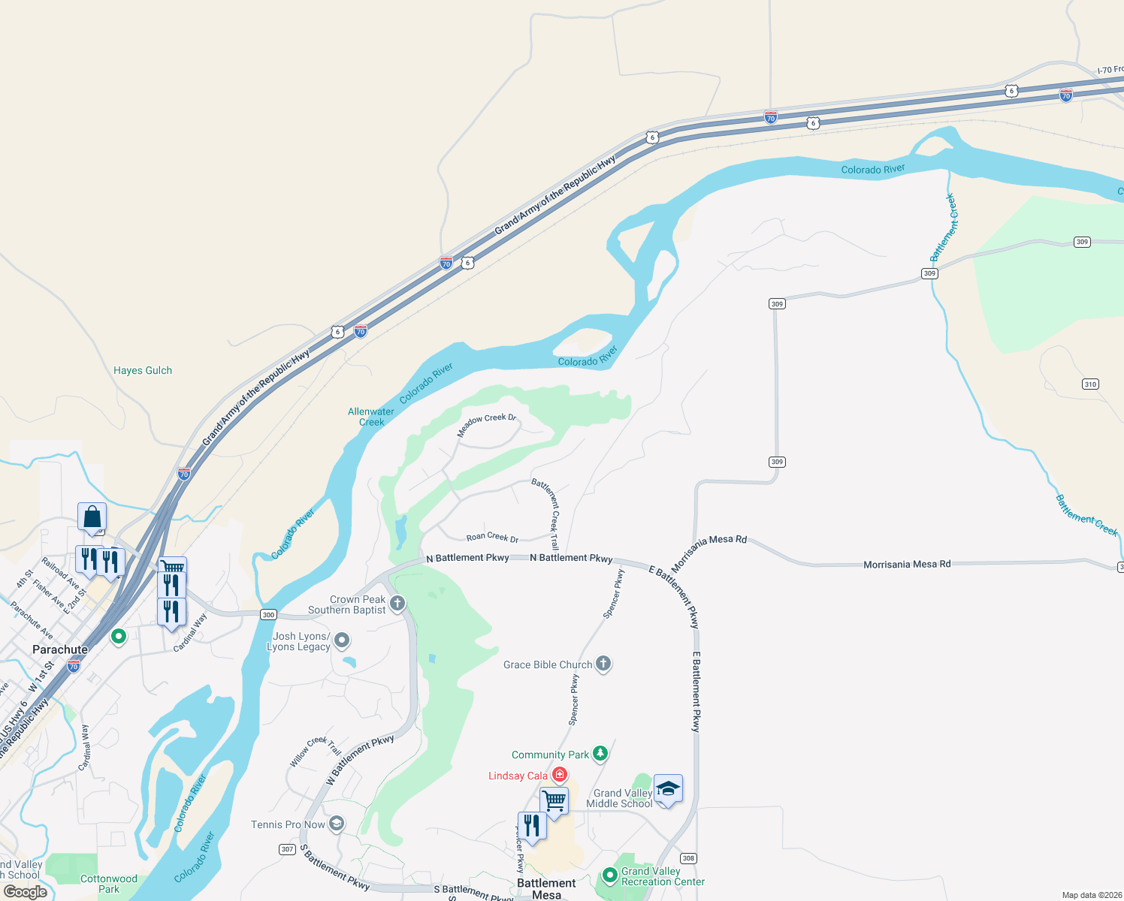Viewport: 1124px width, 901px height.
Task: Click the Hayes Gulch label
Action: pos(143,370)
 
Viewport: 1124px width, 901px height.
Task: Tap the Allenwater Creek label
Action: pos(371,417)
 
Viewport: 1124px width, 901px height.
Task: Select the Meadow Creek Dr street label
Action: pos(487,424)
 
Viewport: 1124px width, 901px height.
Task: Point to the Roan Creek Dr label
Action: pos(492,537)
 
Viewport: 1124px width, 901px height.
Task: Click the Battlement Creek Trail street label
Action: pos(546,514)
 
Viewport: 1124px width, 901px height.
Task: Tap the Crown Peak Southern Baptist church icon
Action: pos(397,603)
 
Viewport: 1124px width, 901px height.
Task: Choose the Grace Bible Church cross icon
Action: pos(603,664)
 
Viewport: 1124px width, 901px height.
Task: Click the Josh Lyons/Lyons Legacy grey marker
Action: pos(342,640)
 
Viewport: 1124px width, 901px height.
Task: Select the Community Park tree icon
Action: pos(600,753)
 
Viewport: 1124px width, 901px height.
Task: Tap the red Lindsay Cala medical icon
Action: pos(559,774)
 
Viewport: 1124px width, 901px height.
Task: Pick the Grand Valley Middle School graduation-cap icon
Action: pos(668,789)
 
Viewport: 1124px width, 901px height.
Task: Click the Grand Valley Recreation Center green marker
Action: pos(609,875)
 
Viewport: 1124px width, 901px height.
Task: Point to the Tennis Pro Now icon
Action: pos(337,824)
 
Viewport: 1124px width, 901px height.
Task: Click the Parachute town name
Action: pos(60,649)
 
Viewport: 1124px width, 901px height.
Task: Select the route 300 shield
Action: pos(268,614)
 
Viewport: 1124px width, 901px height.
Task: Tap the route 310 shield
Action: pos(1090,384)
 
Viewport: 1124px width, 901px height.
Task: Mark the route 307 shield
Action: pos(287,849)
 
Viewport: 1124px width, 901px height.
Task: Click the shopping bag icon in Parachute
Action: pos(92,517)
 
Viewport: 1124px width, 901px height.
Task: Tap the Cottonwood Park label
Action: pos(109,884)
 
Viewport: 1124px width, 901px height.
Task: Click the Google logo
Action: pos(26,891)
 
